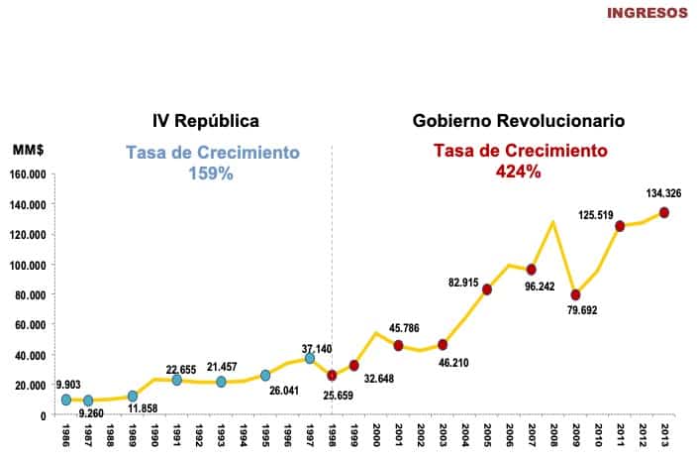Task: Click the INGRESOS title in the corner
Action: coord(647,13)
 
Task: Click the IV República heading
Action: coord(205,121)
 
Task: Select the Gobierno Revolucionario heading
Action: coord(518,121)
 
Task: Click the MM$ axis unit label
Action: coord(27,149)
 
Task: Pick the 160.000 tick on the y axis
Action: coord(27,174)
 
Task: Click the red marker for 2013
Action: coord(663,212)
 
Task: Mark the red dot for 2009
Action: coord(575,294)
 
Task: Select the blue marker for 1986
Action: coord(65,400)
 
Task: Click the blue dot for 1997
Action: coord(309,358)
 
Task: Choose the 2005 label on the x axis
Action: coord(487,436)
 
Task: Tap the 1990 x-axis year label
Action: coord(154,436)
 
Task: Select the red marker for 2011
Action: coord(620,226)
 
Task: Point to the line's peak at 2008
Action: coord(552,222)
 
